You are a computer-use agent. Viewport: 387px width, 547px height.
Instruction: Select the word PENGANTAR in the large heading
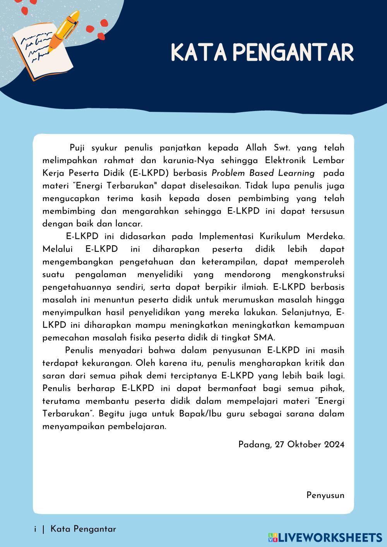294,53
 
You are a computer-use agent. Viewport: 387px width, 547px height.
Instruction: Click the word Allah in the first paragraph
256,148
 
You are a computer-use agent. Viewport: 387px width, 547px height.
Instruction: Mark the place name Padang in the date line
254,444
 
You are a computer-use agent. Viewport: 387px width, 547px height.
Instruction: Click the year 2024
334,444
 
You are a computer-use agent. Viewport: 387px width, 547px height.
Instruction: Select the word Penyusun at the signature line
325,495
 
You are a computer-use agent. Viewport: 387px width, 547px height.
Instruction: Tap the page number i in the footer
35,529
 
